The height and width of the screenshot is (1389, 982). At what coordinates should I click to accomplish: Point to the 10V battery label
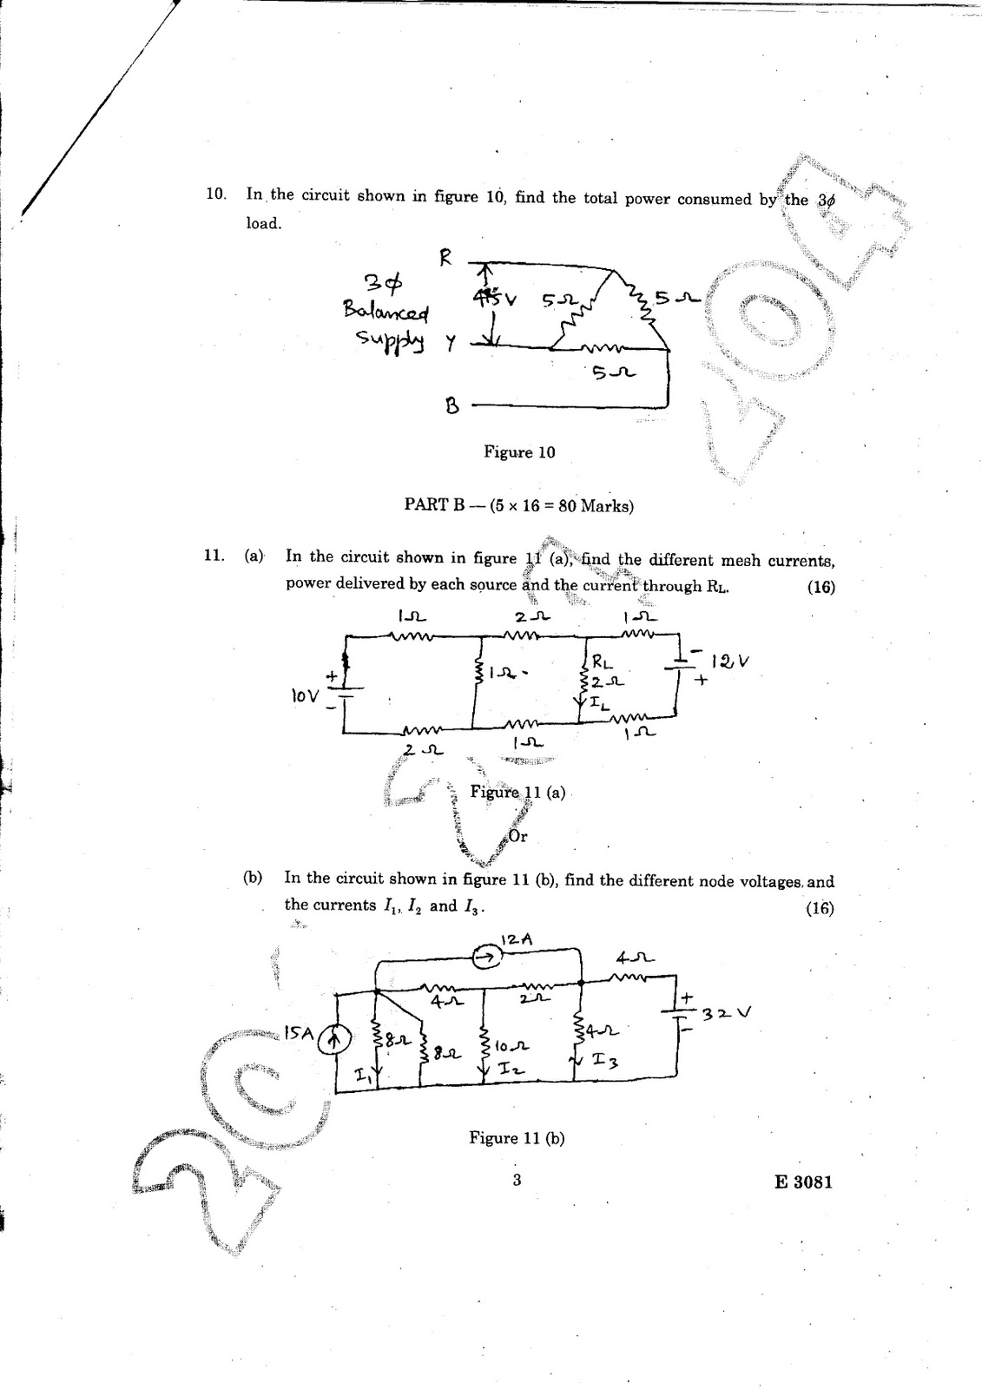click(x=306, y=695)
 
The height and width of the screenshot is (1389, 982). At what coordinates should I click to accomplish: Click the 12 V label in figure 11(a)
click(x=729, y=662)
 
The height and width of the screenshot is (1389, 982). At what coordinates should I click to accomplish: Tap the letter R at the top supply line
click(x=445, y=259)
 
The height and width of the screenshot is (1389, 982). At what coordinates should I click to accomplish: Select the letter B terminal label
click(x=451, y=405)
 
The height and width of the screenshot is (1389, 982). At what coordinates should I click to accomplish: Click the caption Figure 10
click(x=519, y=452)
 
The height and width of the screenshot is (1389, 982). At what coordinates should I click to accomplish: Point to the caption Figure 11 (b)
click(x=517, y=1138)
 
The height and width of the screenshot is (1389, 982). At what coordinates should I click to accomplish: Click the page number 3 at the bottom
click(x=516, y=1180)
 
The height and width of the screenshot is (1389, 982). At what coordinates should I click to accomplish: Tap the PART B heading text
click(x=518, y=505)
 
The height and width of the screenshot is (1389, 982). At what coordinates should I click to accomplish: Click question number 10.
click(x=215, y=194)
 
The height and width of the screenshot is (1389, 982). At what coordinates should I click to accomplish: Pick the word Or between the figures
click(x=518, y=837)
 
